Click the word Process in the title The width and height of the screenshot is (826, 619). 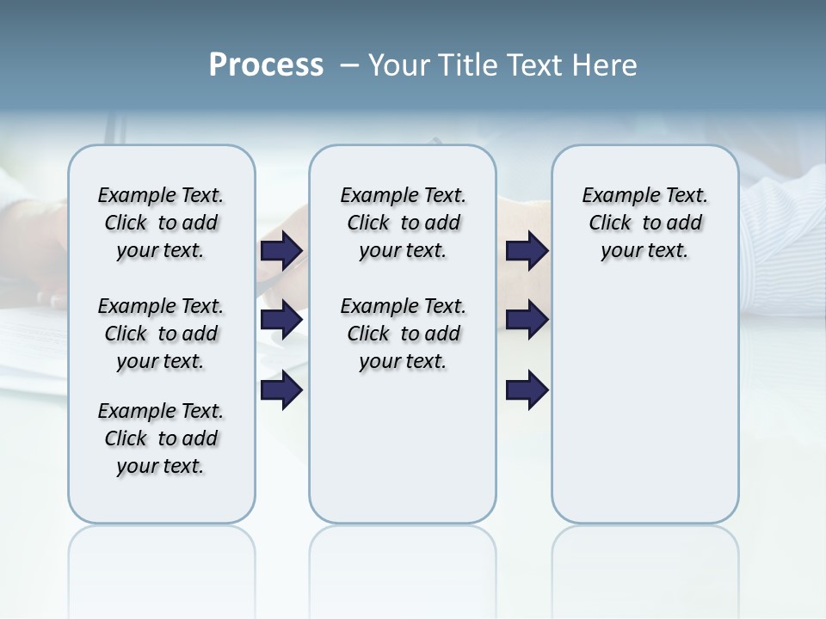click(266, 65)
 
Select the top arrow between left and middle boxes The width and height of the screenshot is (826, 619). click(281, 250)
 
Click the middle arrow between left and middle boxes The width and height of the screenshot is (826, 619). click(281, 321)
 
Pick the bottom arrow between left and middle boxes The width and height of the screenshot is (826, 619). click(281, 390)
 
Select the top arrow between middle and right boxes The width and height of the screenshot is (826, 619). click(527, 250)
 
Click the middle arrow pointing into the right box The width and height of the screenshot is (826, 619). click(527, 321)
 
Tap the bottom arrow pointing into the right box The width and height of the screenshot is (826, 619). click(527, 390)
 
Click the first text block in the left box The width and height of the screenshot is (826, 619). click(161, 223)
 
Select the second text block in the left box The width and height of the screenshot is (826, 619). click(161, 334)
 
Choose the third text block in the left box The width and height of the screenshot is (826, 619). click(161, 438)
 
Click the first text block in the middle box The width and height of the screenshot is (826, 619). click(403, 223)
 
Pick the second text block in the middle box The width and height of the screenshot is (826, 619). click(403, 334)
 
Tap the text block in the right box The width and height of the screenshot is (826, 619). click(644, 223)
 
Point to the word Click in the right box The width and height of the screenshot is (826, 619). click(610, 224)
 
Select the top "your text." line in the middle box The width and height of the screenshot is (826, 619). click(403, 251)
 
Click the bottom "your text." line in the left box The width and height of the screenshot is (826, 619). click(161, 466)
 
